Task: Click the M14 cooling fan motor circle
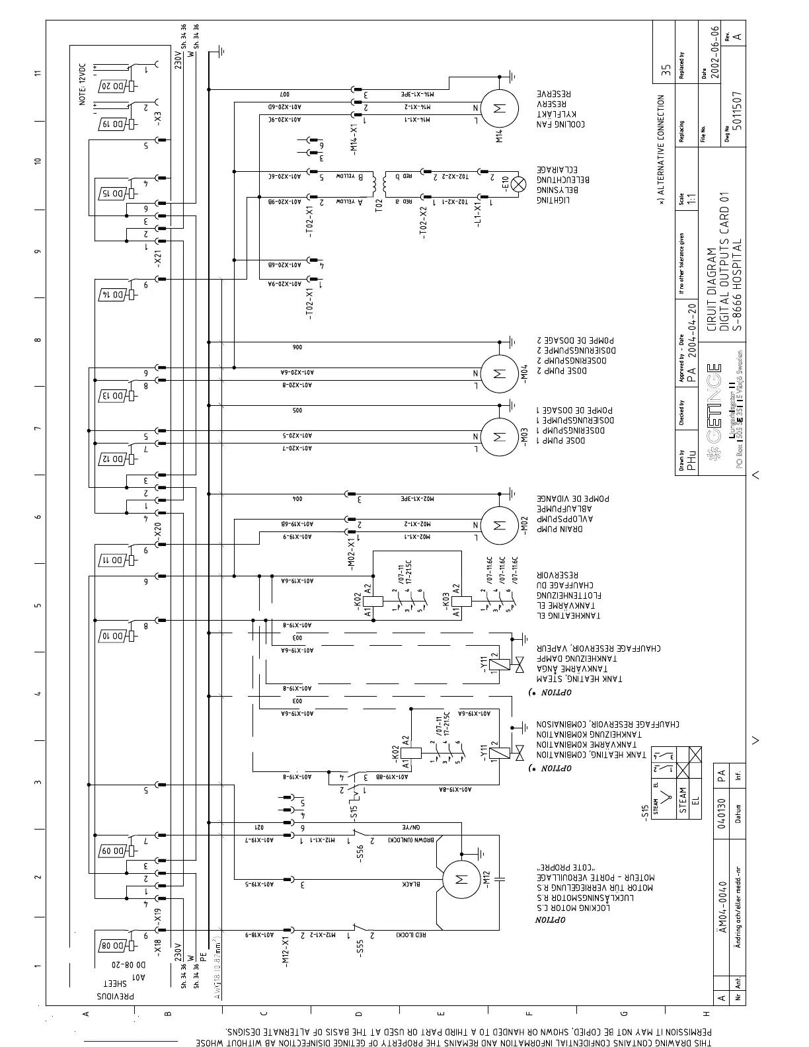coord(499,109)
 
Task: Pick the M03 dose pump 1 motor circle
coord(499,436)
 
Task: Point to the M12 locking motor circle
coord(461,879)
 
